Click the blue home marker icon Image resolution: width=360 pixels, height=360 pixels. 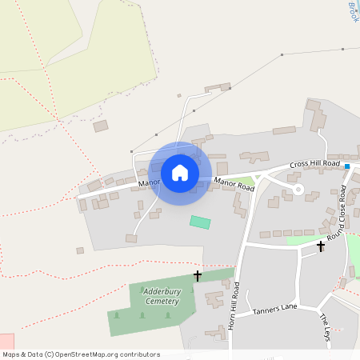coord(180,173)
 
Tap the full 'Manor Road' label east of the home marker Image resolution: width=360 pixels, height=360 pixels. coord(234,185)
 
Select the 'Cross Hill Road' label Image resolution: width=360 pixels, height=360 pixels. coord(315,163)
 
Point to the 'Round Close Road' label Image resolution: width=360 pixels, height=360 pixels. coord(342,212)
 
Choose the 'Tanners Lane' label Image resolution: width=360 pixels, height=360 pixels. coord(275,309)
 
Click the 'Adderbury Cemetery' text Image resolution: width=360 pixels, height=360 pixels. coord(162,296)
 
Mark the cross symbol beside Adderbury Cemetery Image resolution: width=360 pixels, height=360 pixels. coord(198,275)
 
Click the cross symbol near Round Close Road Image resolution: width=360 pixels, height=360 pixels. coord(321,246)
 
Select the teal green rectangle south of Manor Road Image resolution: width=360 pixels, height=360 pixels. coord(200,222)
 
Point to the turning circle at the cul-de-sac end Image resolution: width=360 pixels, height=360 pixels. coord(298,190)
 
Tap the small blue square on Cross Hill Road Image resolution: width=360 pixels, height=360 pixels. coord(347,166)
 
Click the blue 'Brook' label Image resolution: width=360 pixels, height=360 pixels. coord(353,11)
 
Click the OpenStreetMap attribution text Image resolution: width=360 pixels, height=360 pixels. coord(81,354)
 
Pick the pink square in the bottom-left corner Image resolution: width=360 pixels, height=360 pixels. coord(6,342)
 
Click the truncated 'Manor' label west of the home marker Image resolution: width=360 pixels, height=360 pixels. coord(149,183)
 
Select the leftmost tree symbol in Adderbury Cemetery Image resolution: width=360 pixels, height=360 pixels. coord(117,314)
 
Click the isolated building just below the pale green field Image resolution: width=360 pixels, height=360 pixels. coord(100,126)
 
